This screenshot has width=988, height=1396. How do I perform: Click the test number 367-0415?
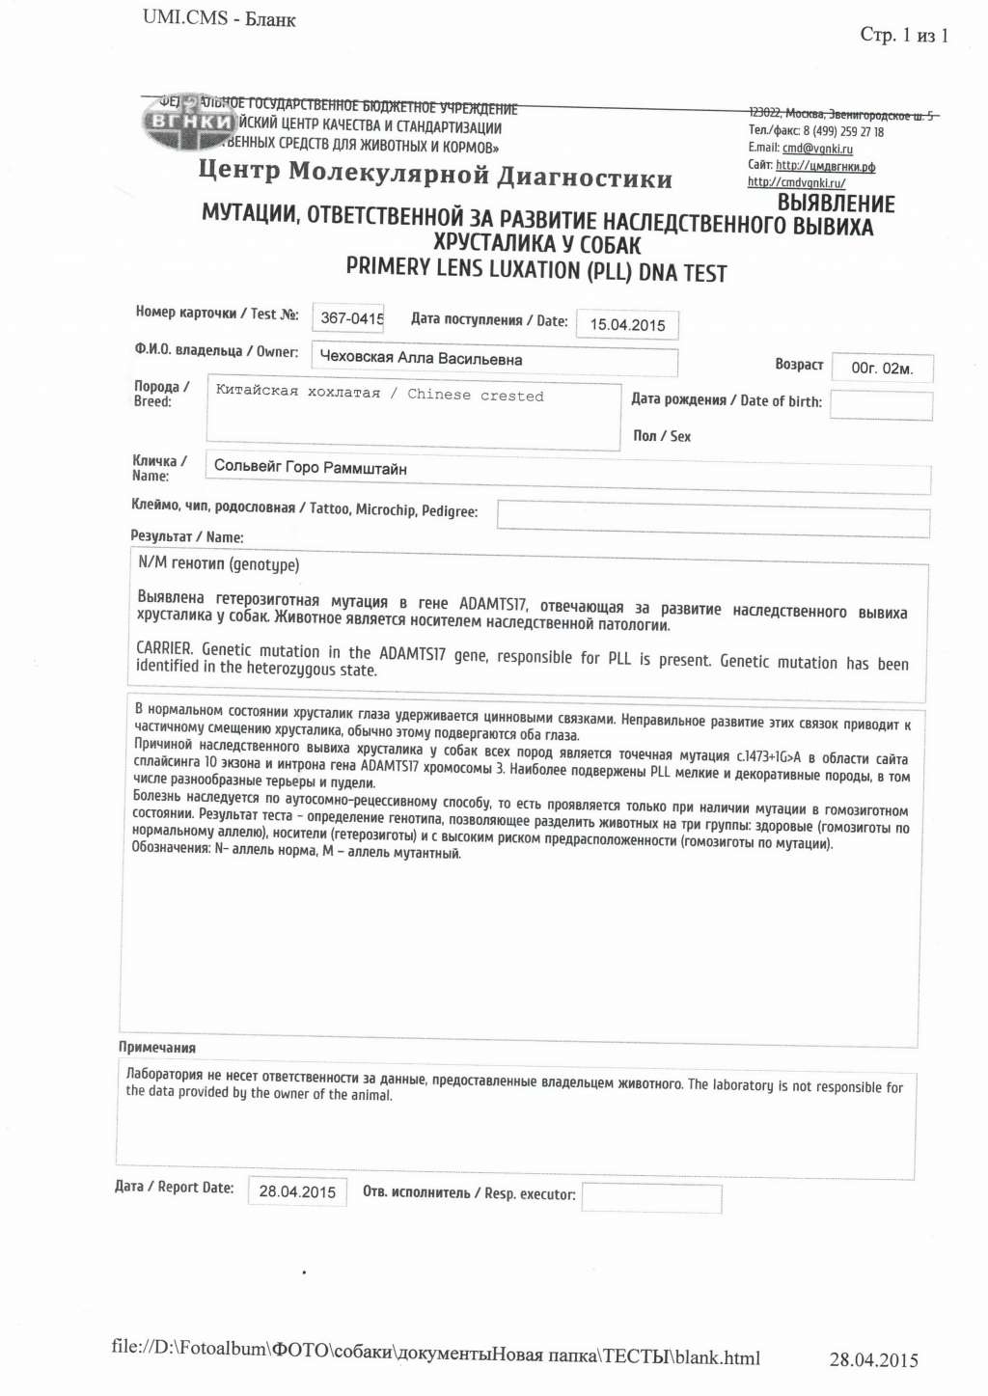(x=351, y=317)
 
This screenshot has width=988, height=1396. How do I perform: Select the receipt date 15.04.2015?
(x=627, y=325)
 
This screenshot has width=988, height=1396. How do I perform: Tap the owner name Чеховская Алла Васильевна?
(x=421, y=358)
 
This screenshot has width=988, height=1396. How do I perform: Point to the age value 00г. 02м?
(x=881, y=368)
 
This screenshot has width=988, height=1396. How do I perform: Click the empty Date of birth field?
(x=881, y=406)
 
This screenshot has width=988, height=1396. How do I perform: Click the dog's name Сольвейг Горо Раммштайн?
(x=310, y=467)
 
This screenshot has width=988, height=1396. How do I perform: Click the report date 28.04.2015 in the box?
(x=297, y=1191)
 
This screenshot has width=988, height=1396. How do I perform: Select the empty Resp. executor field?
(x=651, y=1198)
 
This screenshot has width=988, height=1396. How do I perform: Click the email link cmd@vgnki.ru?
(x=817, y=149)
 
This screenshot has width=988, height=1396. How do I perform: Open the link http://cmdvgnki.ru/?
(x=796, y=182)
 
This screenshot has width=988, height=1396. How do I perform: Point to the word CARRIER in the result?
(x=164, y=648)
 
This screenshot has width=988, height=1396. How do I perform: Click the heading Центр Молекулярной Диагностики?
(x=435, y=175)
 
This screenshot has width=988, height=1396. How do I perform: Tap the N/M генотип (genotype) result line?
(x=219, y=563)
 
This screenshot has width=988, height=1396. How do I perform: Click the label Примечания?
(x=157, y=1048)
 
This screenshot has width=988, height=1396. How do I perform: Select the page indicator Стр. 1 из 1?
(x=904, y=36)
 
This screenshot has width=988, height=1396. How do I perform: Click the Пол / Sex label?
(x=662, y=436)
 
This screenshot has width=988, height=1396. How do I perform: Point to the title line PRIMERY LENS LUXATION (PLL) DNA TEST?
(x=535, y=270)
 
